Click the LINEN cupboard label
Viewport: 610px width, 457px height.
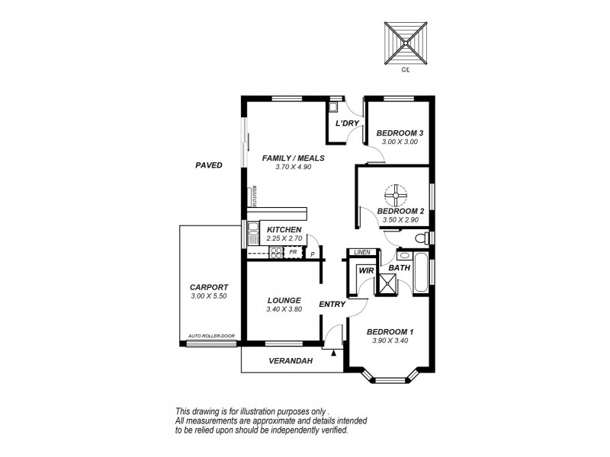click(362, 252)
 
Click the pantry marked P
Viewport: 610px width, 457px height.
click(312, 254)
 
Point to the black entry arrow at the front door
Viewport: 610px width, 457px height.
click(333, 352)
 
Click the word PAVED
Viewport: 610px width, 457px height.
click(208, 165)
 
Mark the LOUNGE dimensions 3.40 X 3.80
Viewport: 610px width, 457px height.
click(284, 310)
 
